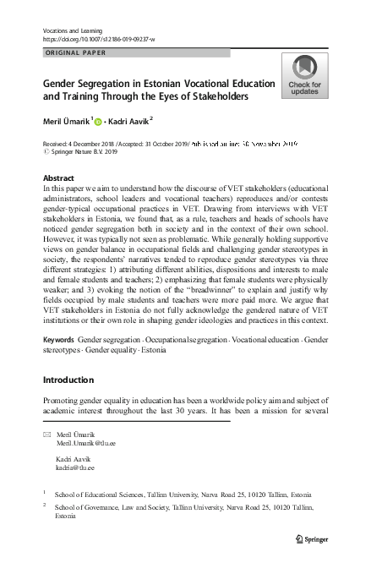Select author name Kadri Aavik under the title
(x=130, y=121)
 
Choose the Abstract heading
(x=57, y=178)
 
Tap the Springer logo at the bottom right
(x=314, y=538)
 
